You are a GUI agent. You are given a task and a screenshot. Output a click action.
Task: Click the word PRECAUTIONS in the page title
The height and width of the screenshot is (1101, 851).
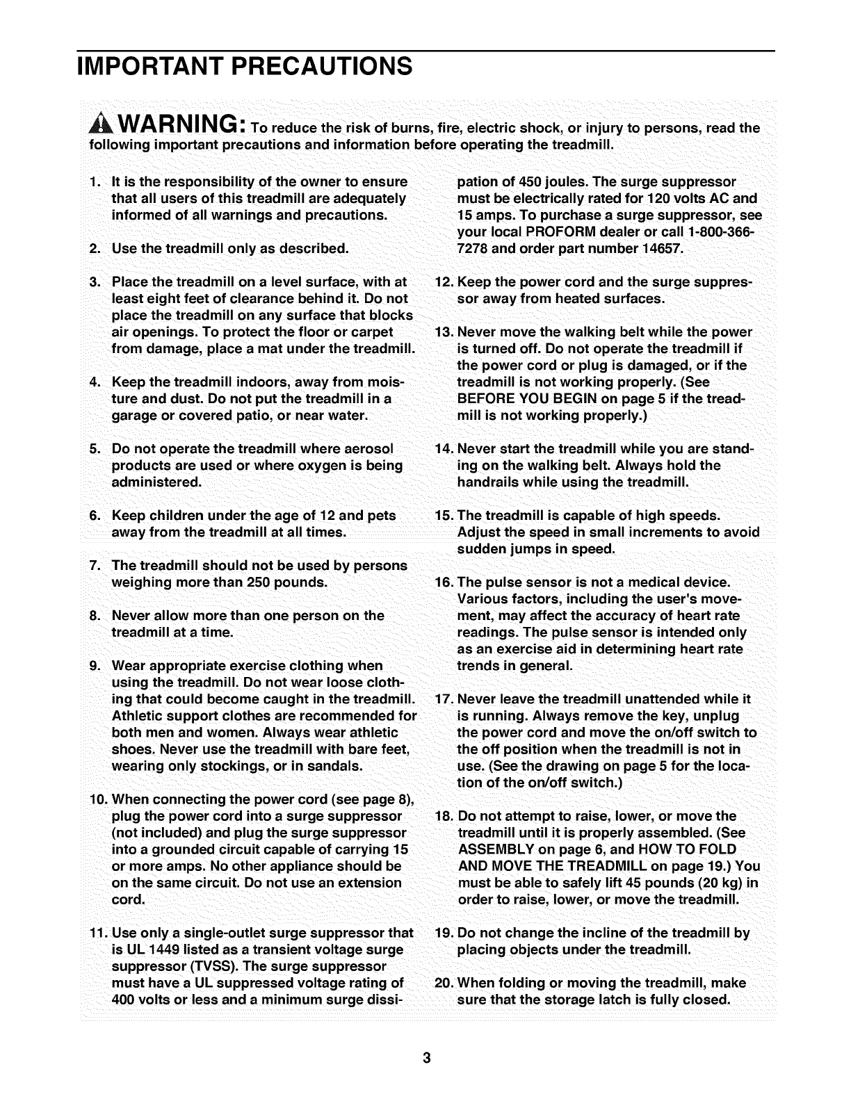tap(322, 67)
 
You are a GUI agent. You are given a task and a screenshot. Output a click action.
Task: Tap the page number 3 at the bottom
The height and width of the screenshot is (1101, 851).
tap(426, 1058)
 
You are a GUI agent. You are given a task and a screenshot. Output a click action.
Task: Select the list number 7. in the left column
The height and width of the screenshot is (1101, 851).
tap(95, 566)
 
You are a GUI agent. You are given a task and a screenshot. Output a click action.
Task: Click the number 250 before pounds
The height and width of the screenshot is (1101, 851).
tap(261, 582)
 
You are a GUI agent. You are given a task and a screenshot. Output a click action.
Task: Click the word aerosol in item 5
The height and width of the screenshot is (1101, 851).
tap(364, 449)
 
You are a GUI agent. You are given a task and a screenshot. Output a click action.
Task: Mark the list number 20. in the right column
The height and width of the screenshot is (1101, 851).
tap(444, 984)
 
